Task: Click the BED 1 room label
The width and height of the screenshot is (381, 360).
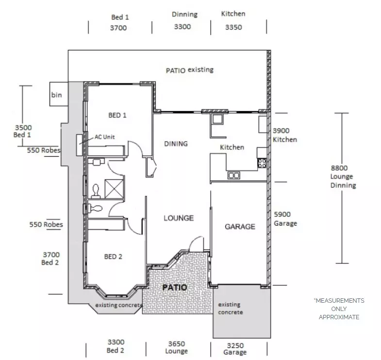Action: (x=117, y=115)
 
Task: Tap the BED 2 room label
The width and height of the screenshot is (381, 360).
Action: (x=113, y=257)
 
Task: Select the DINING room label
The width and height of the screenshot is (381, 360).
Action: (x=176, y=144)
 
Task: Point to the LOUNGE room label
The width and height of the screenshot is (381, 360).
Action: (x=178, y=218)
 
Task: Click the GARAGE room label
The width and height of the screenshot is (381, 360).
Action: (x=240, y=227)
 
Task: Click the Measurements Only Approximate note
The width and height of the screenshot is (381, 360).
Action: (x=339, y=309)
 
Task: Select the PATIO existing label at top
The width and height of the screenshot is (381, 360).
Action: (x=189, y=70)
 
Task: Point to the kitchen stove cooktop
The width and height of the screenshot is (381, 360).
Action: (x=262, y=163)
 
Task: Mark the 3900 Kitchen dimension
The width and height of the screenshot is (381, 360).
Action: (x=284, y=135)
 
